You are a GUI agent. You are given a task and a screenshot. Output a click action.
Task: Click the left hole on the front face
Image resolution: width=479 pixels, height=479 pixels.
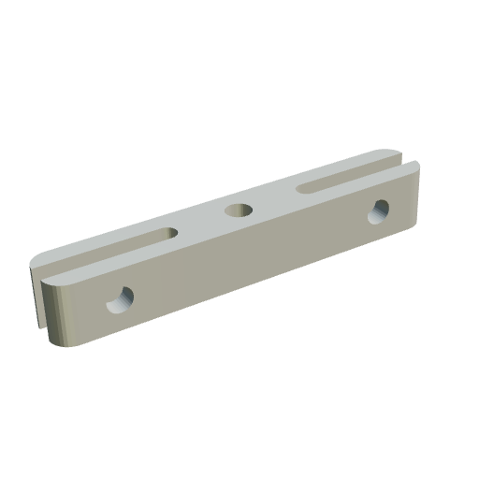(120, 299)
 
